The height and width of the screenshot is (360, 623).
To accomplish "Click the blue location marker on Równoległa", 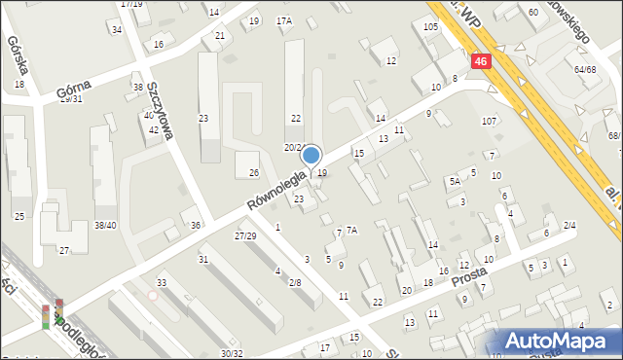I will click(x=311, y=155).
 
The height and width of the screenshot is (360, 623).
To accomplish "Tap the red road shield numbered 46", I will click(x=482, y=60).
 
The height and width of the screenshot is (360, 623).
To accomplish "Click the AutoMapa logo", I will click(x=562, y=341).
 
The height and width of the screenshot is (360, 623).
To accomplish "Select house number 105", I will click(x=430, y=26).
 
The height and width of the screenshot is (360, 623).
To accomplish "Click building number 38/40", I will click(x=105, y=225).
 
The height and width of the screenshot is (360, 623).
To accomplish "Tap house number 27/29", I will click(x=245, y=236).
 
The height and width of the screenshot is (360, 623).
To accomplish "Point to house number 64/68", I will click(x=585, y=69).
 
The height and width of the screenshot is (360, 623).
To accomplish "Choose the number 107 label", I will click(x=489, y=121).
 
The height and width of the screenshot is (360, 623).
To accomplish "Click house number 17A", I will click(x=284, y=20).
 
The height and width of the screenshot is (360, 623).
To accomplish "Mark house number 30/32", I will click(x=232, y=353).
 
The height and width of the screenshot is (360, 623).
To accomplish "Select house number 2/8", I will click(x=294, y=282).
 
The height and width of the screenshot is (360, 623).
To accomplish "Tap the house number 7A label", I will click(x=352, y=230).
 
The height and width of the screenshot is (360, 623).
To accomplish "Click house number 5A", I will click(x=455, y=181).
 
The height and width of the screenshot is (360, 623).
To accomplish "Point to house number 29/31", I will click(x=71, y=98).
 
